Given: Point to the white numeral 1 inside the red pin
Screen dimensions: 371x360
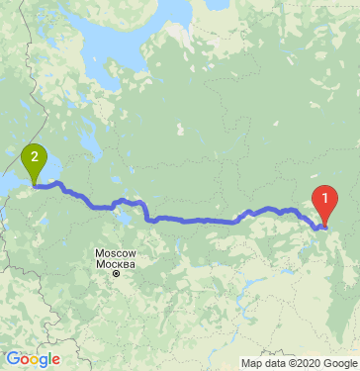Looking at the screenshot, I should pyautogui.click(x=323, y=196).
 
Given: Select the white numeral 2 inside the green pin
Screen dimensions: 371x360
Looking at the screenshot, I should pyautogui.click(x=34, y=156).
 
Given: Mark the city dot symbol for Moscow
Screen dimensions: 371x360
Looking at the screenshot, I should pyautogui.click(x=115, y=274).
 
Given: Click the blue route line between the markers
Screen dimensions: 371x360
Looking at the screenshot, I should pyautogui.click(x=198, y=219).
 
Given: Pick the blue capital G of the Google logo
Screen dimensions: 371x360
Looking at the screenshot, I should pyautogui.click(x=11, y=359).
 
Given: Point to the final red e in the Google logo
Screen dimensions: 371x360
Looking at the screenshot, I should pyautogui.click(x=55, y=361).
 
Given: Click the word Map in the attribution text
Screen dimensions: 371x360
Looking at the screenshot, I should pyautogui.click(x=238, y=363).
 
